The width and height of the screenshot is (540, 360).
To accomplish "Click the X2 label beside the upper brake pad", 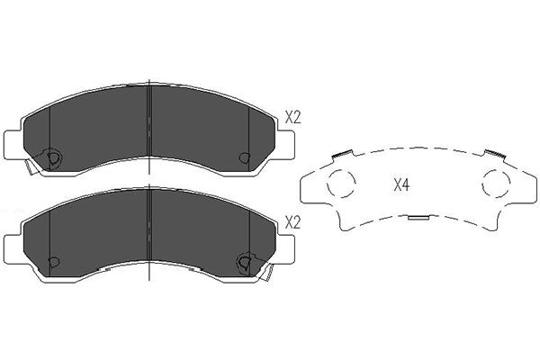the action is tap(293, 118).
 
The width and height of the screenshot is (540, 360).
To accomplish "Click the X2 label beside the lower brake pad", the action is tap(293, 223).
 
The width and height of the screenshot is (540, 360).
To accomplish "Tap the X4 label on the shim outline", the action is tap(401, 185).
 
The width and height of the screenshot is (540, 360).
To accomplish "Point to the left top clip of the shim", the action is tap(342, 153).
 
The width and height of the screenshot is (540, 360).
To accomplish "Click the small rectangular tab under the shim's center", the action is tap(418, 218).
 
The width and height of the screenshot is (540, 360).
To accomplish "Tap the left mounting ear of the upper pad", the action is tap(13, 145).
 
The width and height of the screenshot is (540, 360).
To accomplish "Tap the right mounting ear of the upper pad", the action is tap(285, 145).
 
